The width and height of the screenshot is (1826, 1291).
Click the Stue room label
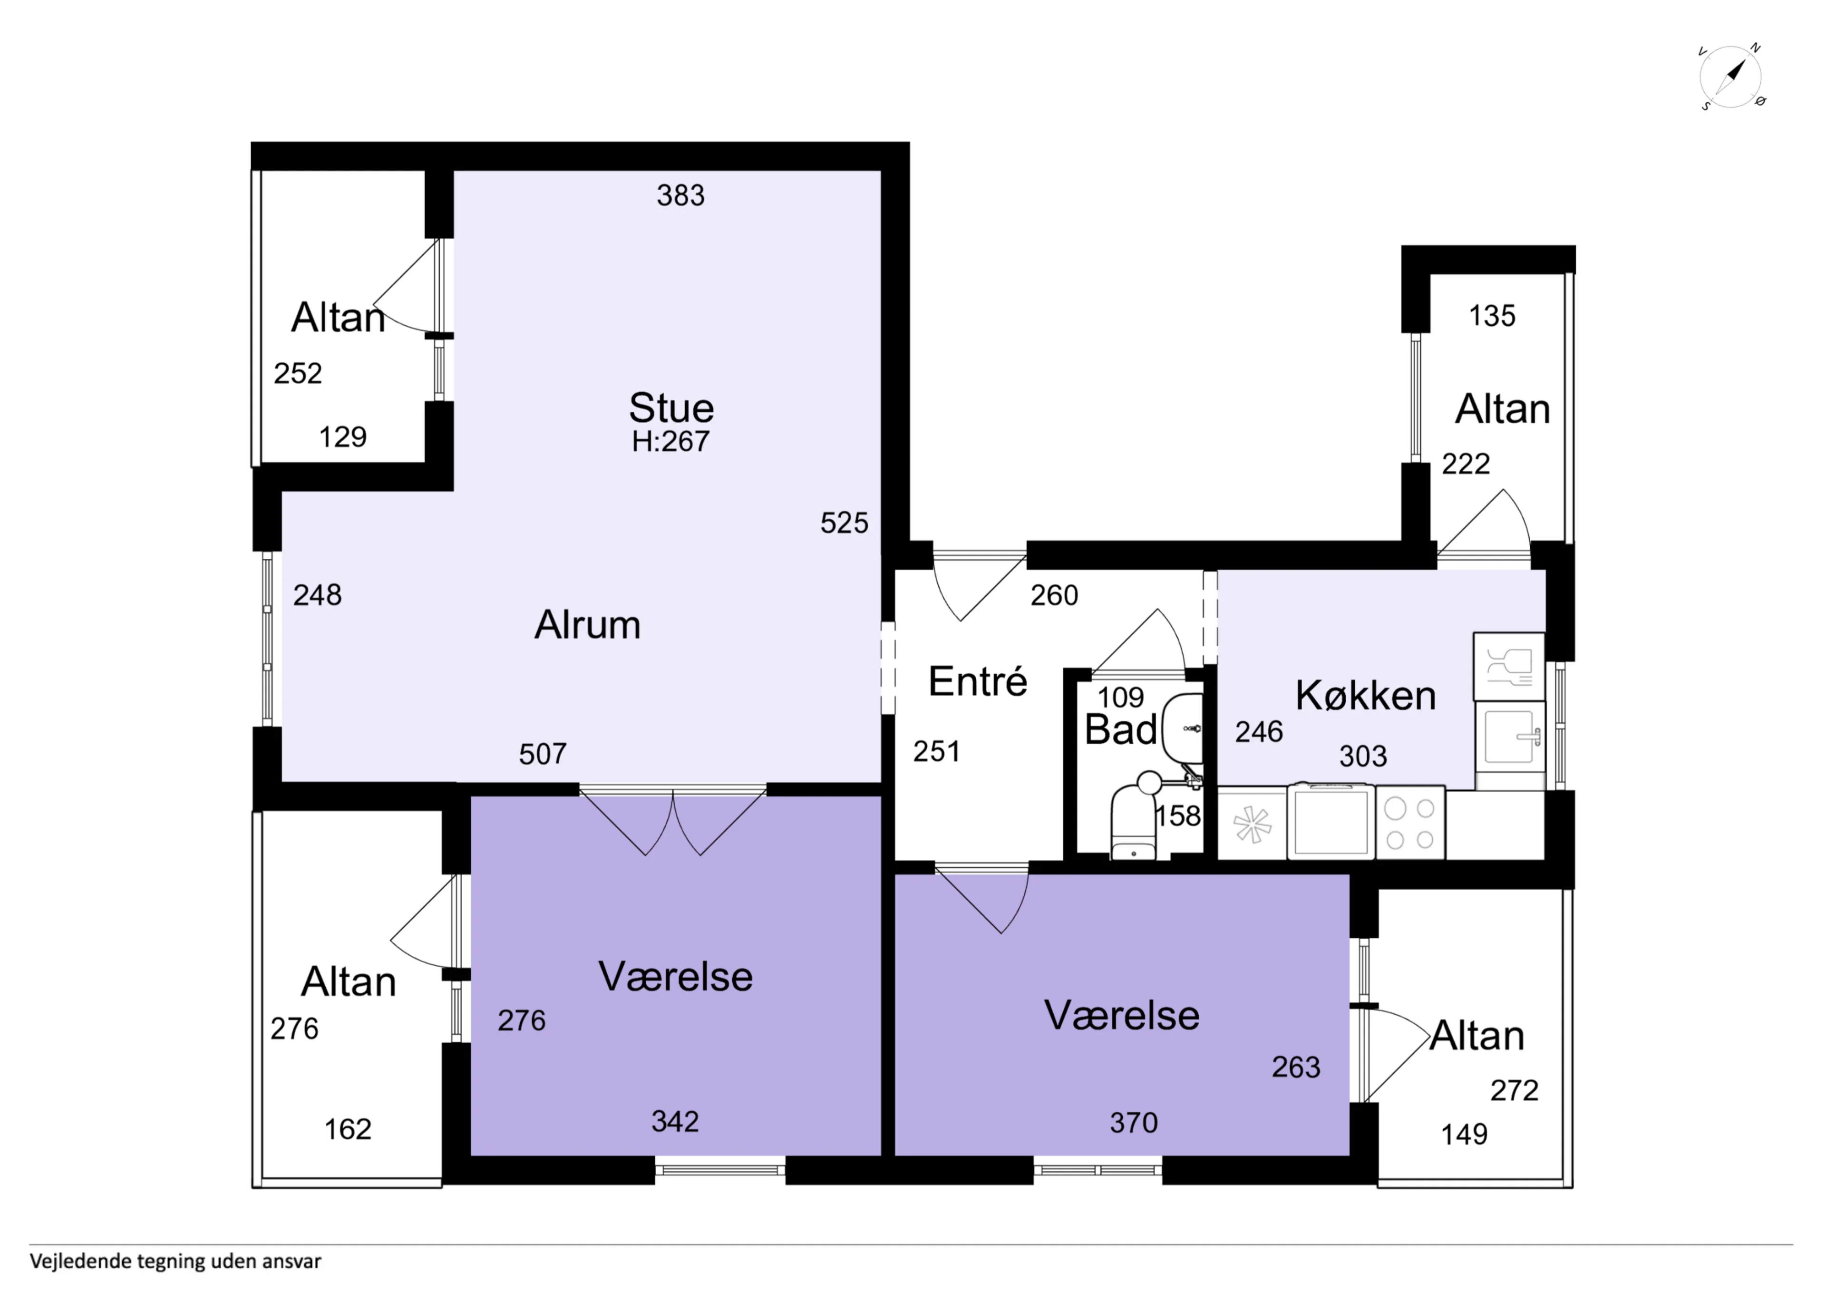click(671, 408)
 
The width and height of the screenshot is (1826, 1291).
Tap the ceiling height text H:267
click(670, 441)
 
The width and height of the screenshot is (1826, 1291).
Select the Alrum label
click(587, 625)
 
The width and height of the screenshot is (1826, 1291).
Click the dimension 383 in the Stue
click(681, 196)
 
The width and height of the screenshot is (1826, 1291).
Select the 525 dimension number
click(845, 523)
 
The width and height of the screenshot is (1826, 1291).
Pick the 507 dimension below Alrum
click(543, 754)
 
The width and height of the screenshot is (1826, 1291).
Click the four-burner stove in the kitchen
click(1410, 823)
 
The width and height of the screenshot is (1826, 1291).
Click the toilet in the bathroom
click(1133, 821)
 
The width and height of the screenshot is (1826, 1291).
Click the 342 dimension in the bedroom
click(675, 1122)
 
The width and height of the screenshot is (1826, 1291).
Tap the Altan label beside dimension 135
click(1502, 410)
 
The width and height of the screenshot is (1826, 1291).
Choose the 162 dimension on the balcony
click(348, 1129)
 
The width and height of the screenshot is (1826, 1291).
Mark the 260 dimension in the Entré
click(1055, 596)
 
